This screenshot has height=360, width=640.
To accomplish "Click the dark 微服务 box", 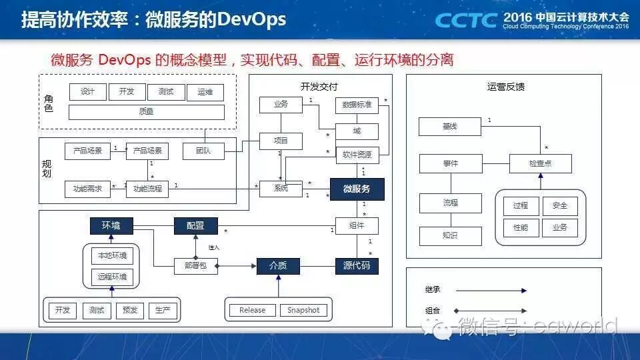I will coord(357,189).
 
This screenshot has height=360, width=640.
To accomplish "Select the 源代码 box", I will coord(357,266).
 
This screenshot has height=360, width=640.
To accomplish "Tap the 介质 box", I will coord(278,266).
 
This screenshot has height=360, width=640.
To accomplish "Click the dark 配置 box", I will coord(196,226).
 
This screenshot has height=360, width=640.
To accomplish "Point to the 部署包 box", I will coord(195,266).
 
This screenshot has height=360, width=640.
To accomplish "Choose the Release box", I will coord(252,310).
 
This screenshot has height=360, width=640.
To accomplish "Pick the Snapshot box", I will coord(303,310).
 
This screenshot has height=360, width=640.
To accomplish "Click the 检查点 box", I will coord(540,163).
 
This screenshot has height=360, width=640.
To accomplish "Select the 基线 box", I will coord(449,126).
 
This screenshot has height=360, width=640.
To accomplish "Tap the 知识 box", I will coord(450,235).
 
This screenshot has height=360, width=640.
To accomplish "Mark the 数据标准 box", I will coord(357,105).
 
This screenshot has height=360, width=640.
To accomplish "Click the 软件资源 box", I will coord(357,155).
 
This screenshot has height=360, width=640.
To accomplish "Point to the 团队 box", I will coord(203,151).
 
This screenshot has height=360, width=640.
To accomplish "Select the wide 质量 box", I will coord(146,112).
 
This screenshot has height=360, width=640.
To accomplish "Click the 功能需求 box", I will coord(87,189).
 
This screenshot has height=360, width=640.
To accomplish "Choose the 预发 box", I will coord(129,310).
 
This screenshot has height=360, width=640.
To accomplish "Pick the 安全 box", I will coord(559,206).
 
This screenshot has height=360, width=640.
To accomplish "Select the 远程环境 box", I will coord(111,276).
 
